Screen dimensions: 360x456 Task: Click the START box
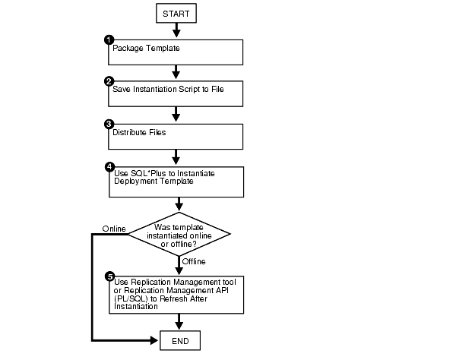point(177,13)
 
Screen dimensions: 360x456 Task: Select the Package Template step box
point(176,52)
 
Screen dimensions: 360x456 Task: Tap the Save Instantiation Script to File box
point(176,93)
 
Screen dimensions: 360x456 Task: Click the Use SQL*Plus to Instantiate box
point(176,181)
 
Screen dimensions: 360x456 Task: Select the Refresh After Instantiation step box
point(176,295)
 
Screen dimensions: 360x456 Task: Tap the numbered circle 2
point(109,81)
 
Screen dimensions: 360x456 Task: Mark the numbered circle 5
point(109,277)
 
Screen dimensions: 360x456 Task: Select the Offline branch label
point(195,262)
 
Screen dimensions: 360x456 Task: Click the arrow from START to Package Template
point(177,30)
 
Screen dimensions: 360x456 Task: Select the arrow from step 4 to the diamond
point(179,204)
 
